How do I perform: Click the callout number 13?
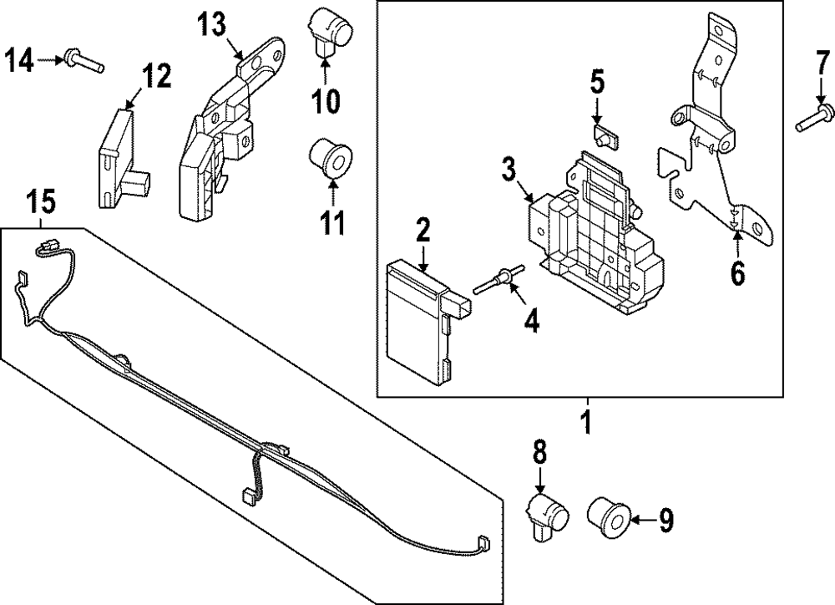click(211, 25)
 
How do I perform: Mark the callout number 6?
click(737, 272)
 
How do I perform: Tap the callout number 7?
click(822, 64)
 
